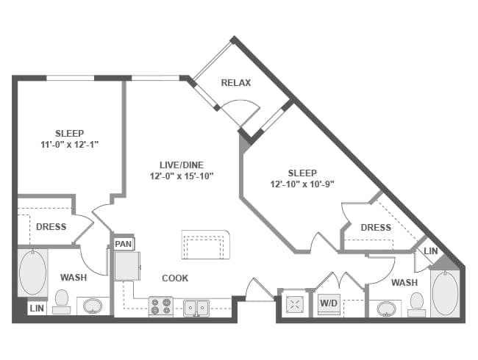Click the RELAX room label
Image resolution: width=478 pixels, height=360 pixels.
click(x=236, y=83)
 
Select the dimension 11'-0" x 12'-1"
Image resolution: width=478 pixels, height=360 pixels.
click(x=69, y=145)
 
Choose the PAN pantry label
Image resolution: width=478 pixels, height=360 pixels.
click(x=123, y=243)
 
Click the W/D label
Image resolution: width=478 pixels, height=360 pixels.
click(x=327, y=302)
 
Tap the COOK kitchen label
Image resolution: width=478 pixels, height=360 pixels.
click(x=175, y=278)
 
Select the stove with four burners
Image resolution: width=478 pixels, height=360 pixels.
click(x=160, y=306)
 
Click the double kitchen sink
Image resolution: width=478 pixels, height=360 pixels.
click(x=196, y=306)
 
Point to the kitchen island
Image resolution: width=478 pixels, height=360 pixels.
click(x=206, y=245)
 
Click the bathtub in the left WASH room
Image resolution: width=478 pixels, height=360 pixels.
click(x=32, y=273)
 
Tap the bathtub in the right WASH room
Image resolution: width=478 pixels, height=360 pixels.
click(x=445, y=293)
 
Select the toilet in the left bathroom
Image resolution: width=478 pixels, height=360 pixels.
click(x=62, y=301)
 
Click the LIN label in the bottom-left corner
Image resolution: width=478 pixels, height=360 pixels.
click(x=36, y=309)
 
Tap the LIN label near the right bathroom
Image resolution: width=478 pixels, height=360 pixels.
click(x=430, y=251)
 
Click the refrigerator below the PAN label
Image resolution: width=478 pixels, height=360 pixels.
click(x=126, y=266)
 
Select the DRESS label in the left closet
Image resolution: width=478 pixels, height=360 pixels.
click(x=51, y=227)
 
